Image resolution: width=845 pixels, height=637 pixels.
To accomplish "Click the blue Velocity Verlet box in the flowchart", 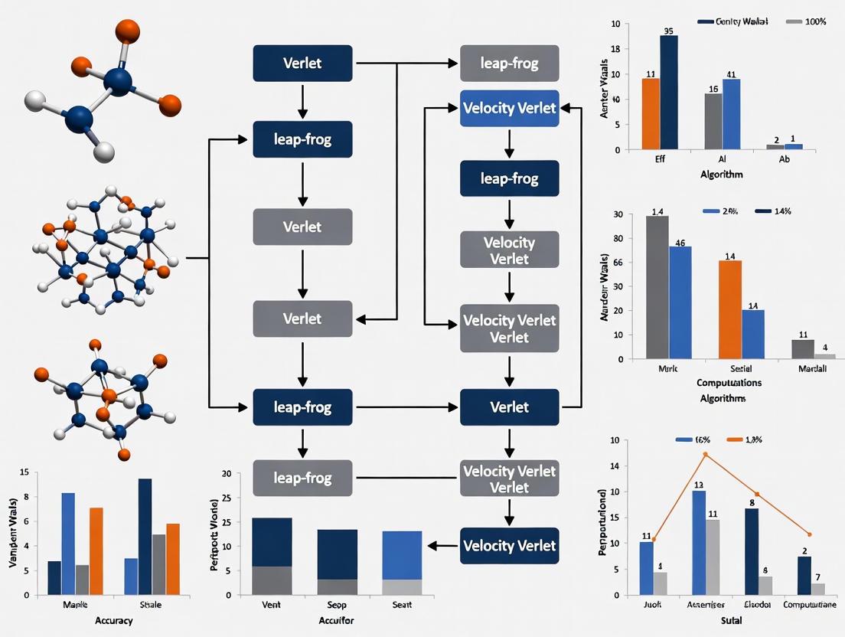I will point(509,108).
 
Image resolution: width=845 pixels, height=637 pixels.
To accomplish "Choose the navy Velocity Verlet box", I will point(509,546).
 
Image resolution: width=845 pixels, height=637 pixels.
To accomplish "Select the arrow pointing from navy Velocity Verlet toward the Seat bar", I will point(442,546).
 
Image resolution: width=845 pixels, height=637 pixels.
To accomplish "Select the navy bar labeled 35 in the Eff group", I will point(669,92).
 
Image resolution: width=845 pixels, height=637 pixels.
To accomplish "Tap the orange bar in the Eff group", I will point(651,113).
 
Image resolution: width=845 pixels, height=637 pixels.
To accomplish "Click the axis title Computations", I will point(729,382).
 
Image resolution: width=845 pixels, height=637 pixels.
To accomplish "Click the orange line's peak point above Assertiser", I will point(706,454).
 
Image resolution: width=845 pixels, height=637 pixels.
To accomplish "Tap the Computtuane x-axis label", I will point(814,605).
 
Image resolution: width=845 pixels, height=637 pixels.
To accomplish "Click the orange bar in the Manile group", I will point(96,550).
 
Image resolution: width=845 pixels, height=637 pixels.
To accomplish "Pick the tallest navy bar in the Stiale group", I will point(145,536).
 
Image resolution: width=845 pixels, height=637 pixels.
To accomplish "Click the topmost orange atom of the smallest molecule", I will point(127,31).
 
